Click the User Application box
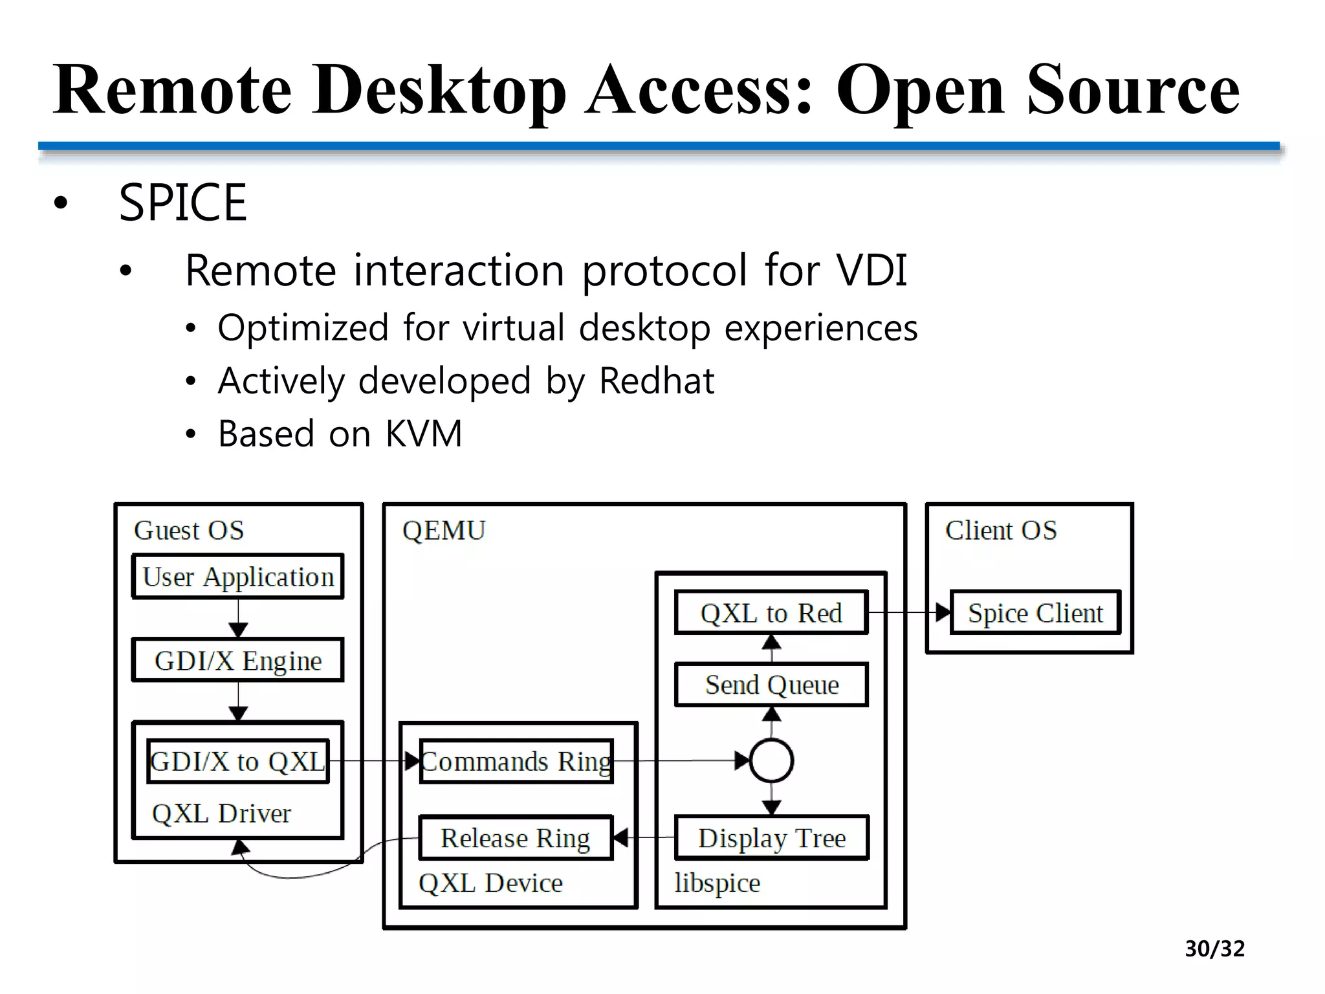pyautogui.click(x=237, y=577)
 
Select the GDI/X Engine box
pyautogui.click(x=237, y=661)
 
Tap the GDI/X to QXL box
pyautogui.click(x=237, y=762)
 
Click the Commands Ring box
pyautogui.click(x=516, y=762)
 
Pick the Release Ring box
pyautogui.click(x=516, y=838)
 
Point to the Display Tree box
pyautogui.click(x=771, y=838)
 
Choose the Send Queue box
pyautogui.click(x=771, y=685)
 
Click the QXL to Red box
pyautogui.click(x=771, y=613)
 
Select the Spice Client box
pyautogui.click(x=1035, y=613)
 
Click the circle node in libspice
pyautogui.click(x=771, y=761)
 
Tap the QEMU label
pyautogui.click(x=444, y=531)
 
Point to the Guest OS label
pyautogui.click(x=189, y=531)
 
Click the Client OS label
pyautogui.click(x=1001, y=531)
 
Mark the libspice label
pyautogui.click(x=717, y=883)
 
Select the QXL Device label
pyautogui.click(x=490, y=883)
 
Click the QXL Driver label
pyautogui.click(x=221, y=813)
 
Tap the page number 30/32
pyautogui.click(x=1214, y=949)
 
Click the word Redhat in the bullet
pyautogui.click(x=657, y=381)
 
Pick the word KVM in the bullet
pyautogui.click(x=424, y=434)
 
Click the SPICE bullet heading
pyautogui.click(x=182, y=203)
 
